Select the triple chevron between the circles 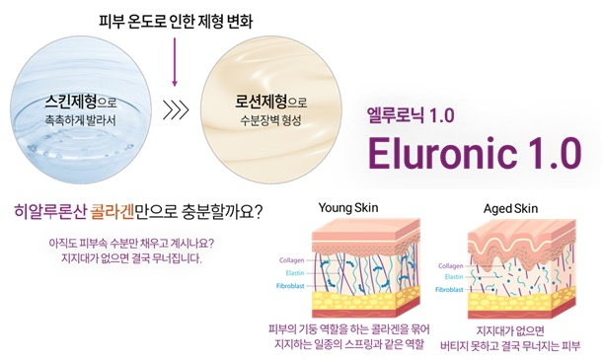pyautogui.click(x=174, y=108)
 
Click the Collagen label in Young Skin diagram pyautogui.click(x=292, y=260)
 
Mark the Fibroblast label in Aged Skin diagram pyautogui.click(x=449, y=292)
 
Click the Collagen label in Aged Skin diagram pyautogui.click(x=450, y=266)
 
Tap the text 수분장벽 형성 pyautogui.click(x=262, y=121)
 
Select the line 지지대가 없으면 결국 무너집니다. pyautogui.click(x=131, y=259)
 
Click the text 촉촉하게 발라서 pyautogui.click(x=73, y=119)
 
